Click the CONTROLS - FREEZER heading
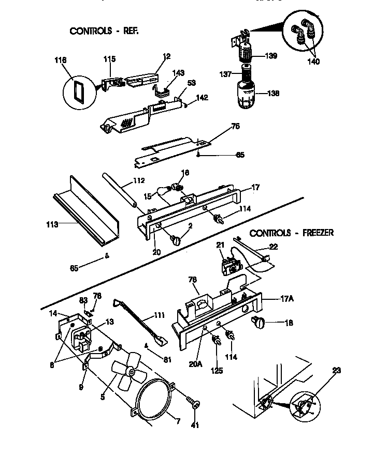pos(292,233)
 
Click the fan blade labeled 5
pos(126,373)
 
